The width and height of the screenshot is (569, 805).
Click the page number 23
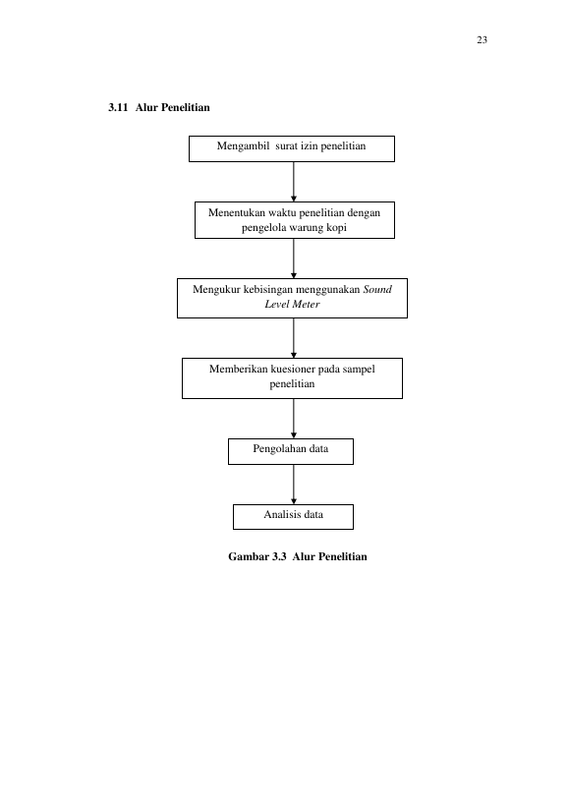[482, 40]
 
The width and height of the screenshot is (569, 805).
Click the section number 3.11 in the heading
[118, 107]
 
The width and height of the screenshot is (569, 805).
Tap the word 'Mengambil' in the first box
[243, 146]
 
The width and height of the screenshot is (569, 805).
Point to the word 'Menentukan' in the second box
[237, 212]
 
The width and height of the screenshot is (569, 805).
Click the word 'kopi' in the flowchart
[336, 228]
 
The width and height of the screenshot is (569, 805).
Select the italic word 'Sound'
[377, 289]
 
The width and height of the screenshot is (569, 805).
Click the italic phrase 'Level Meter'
[292, 304]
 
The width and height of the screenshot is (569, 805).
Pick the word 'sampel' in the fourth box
[359, 370]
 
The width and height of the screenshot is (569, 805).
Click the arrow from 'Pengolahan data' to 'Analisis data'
[294, 485]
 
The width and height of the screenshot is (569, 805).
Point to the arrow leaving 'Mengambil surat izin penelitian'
[294, 182]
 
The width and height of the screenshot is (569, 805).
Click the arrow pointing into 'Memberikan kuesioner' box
[294, 338]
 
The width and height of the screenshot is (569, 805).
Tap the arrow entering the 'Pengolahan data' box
[294, 419]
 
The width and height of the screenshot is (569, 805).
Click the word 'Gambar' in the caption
[249, 556]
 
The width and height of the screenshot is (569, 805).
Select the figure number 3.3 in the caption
[279, 556]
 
